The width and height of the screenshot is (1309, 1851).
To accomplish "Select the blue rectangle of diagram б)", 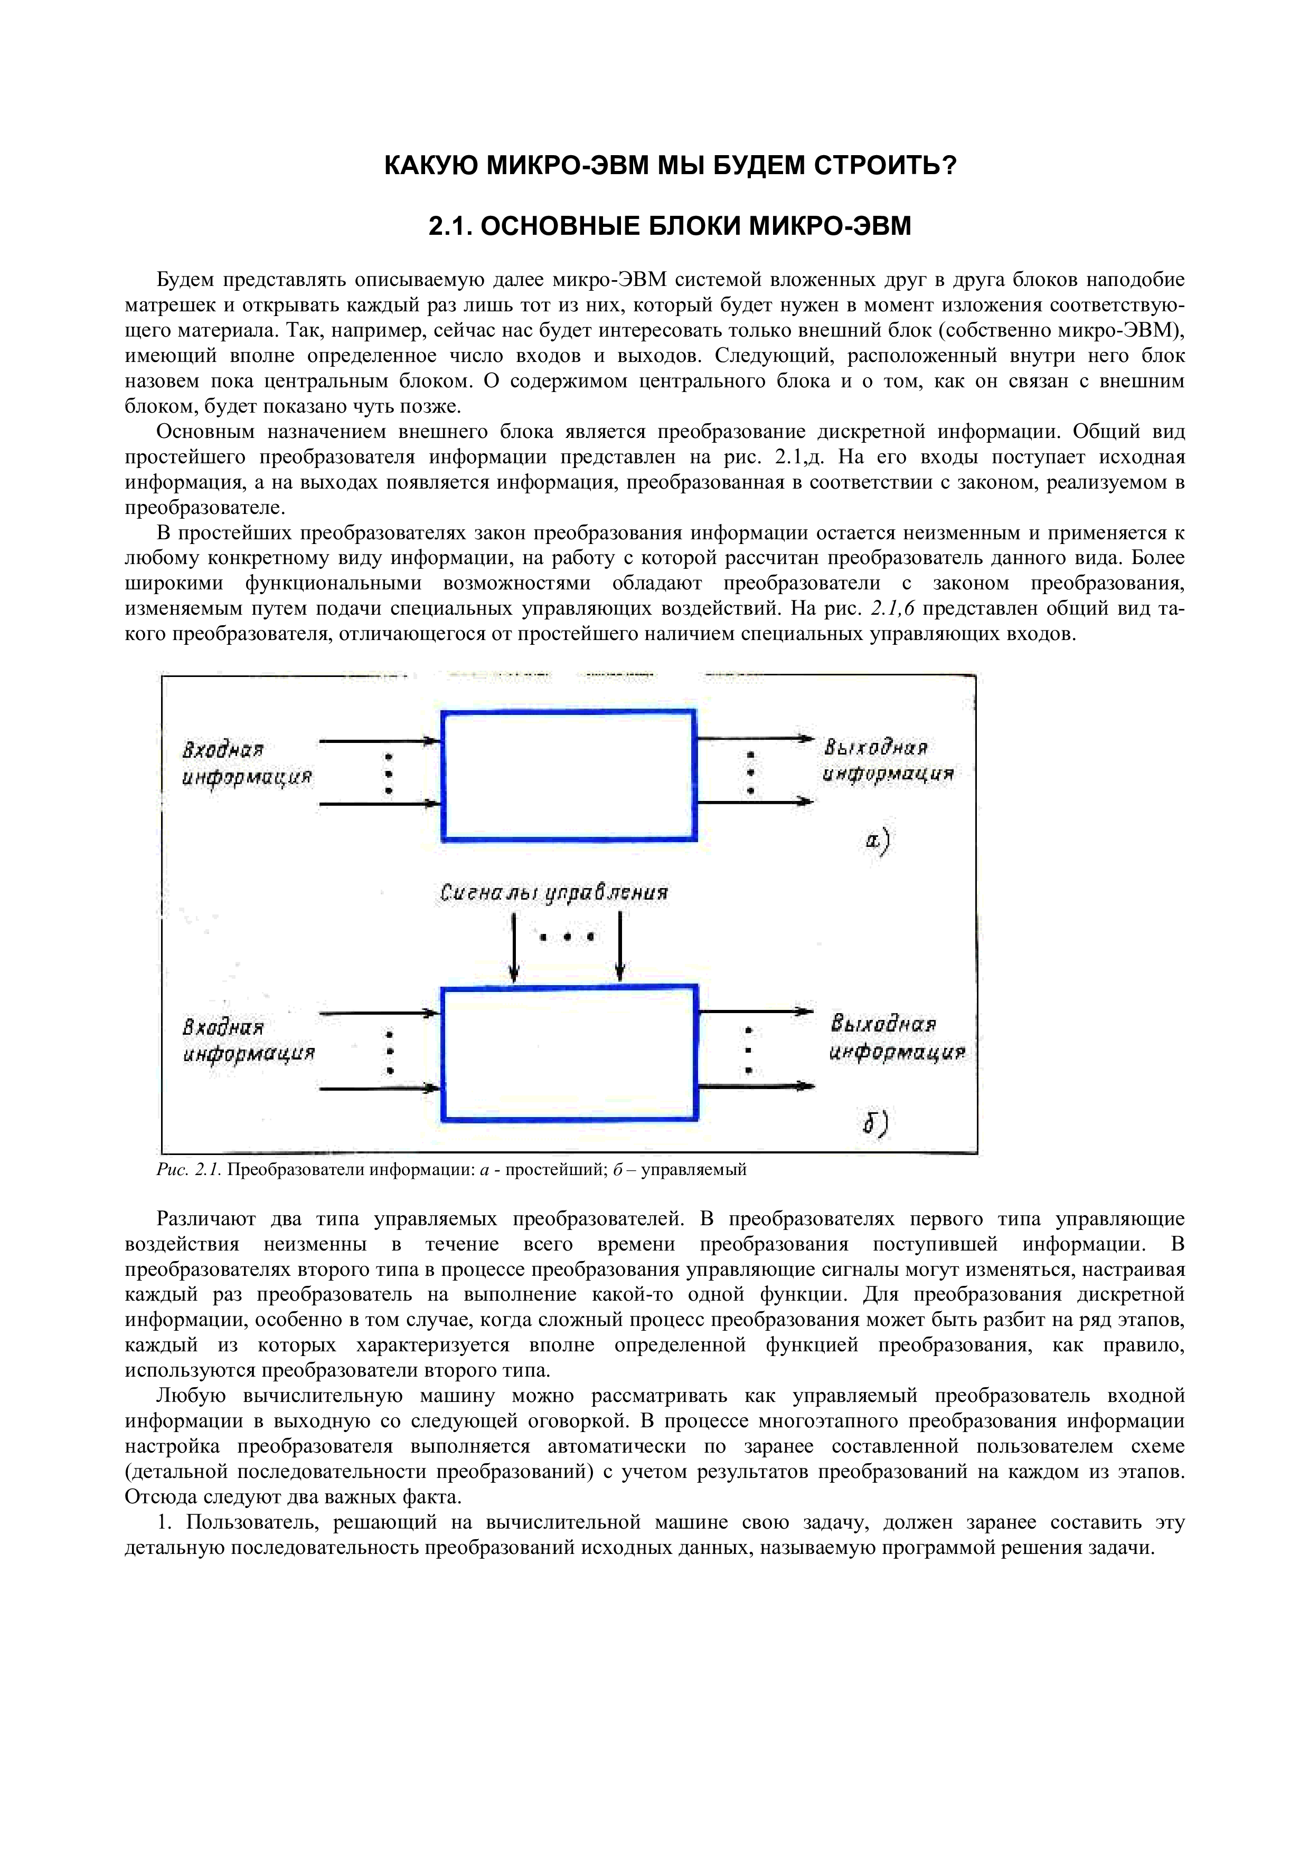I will pos(569,1053).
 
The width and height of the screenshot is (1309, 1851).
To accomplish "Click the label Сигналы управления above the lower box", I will pos(554,893).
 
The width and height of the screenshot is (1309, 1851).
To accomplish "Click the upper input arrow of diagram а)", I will pos(379,740).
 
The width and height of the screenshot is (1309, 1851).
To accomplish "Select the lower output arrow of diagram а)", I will pos(754,802).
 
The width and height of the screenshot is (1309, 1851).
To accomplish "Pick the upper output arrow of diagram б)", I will pos(754,1011).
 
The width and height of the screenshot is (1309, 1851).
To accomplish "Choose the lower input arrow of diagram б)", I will pos(379,1089).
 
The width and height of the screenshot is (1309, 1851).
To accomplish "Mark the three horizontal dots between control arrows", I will pos(568,937).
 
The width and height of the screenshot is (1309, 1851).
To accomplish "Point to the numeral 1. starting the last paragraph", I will pos(165,1522).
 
